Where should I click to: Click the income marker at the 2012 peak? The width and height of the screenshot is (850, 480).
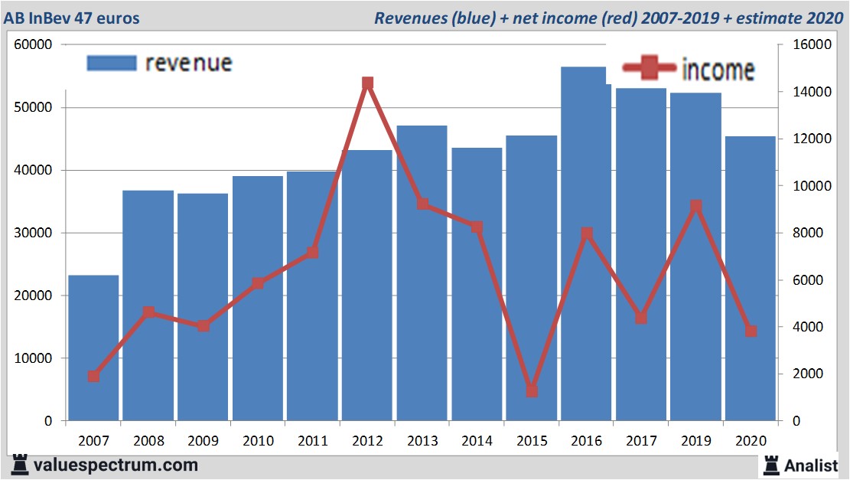coord(367,83)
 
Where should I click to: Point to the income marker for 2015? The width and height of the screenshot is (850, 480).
coord(532,391)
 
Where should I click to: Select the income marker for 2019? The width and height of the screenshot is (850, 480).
coord(695,206)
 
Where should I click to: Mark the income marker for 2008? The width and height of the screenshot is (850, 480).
coord(148,312)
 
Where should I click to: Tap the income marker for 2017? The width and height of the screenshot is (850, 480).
coord(641,318)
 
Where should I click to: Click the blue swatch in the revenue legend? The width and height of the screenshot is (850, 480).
coord(112,63)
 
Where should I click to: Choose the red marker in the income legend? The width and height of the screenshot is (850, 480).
coord(650,70)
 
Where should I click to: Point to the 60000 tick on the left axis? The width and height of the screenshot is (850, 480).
coord(33,44)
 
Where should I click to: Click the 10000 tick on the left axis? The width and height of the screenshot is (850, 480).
coord(33,358)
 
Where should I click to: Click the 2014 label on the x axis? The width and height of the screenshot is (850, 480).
coord(477,442)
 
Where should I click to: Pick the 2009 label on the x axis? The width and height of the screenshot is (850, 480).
coord(203,442)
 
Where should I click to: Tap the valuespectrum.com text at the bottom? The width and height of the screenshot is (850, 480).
coord(116,465)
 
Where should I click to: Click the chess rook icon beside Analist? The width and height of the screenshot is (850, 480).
coord(770,465)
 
